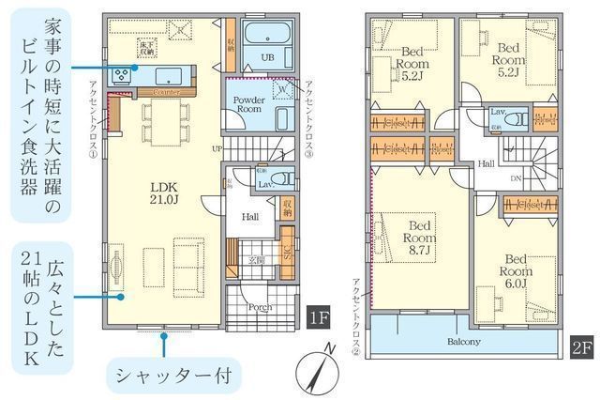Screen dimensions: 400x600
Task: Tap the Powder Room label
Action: pyautogui.click(x=248, y=104)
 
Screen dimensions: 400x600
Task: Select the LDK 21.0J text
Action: pyautogui.click(x=165, y=192)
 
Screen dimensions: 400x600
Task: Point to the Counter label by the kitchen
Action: pyautogui.click(x=165, y=93)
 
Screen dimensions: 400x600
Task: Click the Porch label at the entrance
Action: pyautogui.click(x=261, y=307)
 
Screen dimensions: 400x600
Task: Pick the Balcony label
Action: pyautogui.click(x=464, y=342)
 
